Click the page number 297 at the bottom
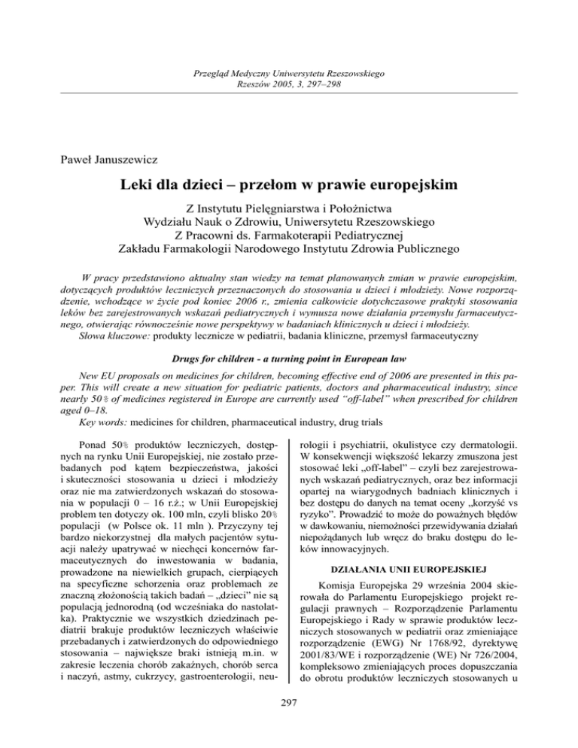[x=289, y=724]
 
